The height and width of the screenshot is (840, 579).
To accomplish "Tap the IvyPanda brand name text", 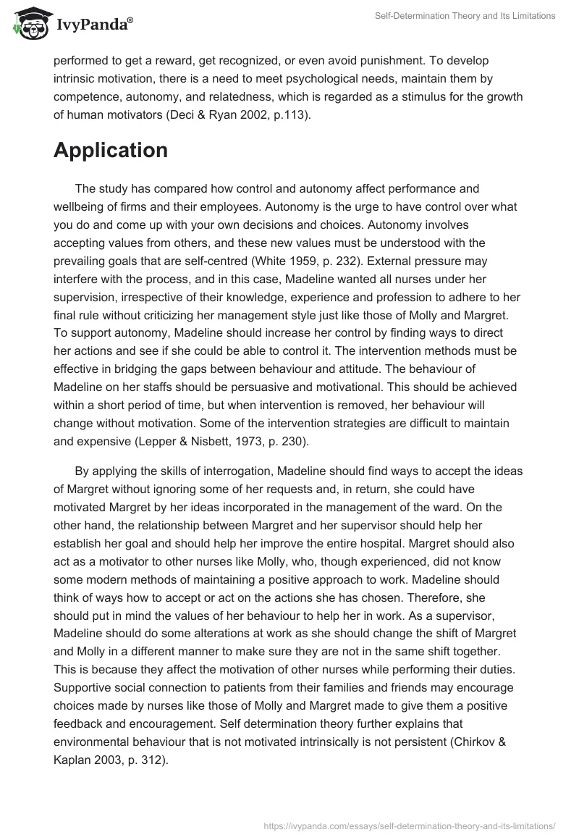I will click(93, 26).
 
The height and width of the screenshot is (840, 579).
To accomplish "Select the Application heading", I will click(110, 150).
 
